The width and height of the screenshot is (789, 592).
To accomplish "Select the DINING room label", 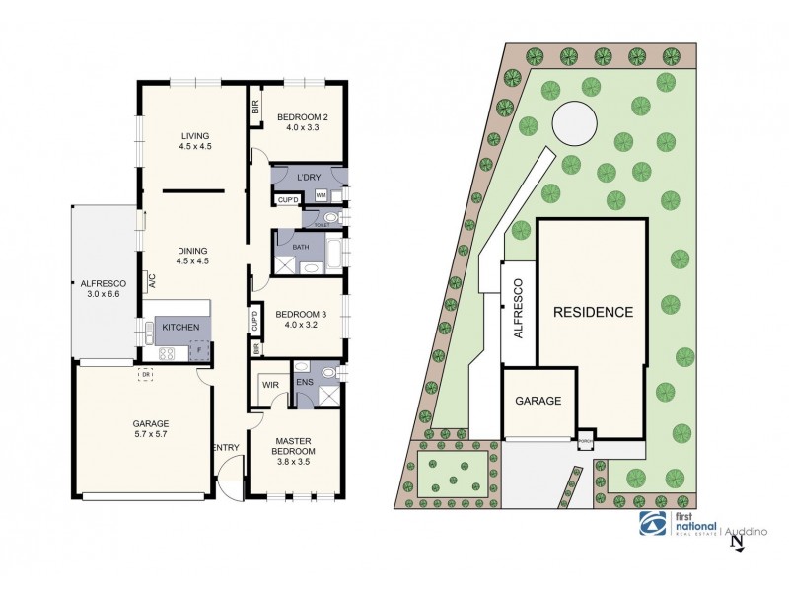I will (195, 250).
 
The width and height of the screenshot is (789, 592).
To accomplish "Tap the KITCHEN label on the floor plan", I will (181, 327).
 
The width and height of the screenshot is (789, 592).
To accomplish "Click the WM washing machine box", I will (322, 195).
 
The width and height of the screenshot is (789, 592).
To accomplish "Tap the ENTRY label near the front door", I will (227, 448).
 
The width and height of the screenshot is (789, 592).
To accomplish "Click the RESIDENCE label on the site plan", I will (592, 312).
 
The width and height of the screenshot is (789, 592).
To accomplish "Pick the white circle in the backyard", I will (574, 125).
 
